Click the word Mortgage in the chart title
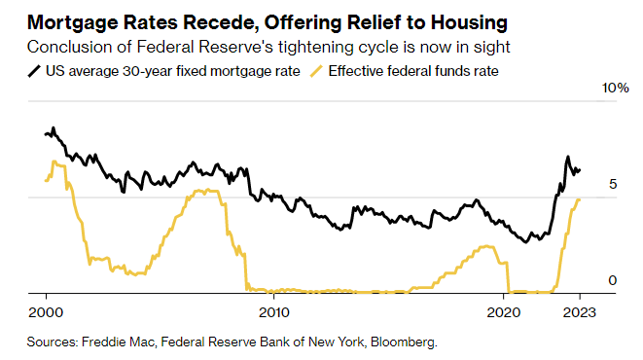[x=76, y=20]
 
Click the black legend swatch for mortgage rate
[x=35, y=71]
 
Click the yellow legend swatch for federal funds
[x=316, y=71]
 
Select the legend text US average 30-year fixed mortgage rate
[x=170, y=71]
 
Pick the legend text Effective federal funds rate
[x=416, y=71]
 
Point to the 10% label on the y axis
[x=616, y=89]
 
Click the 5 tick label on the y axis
[x=612, y=184]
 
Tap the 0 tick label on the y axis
[x=612, y=280]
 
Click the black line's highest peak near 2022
[x=567, y=157]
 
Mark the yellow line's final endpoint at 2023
[x=580, y=199]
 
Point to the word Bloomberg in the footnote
[x=400, y=342]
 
